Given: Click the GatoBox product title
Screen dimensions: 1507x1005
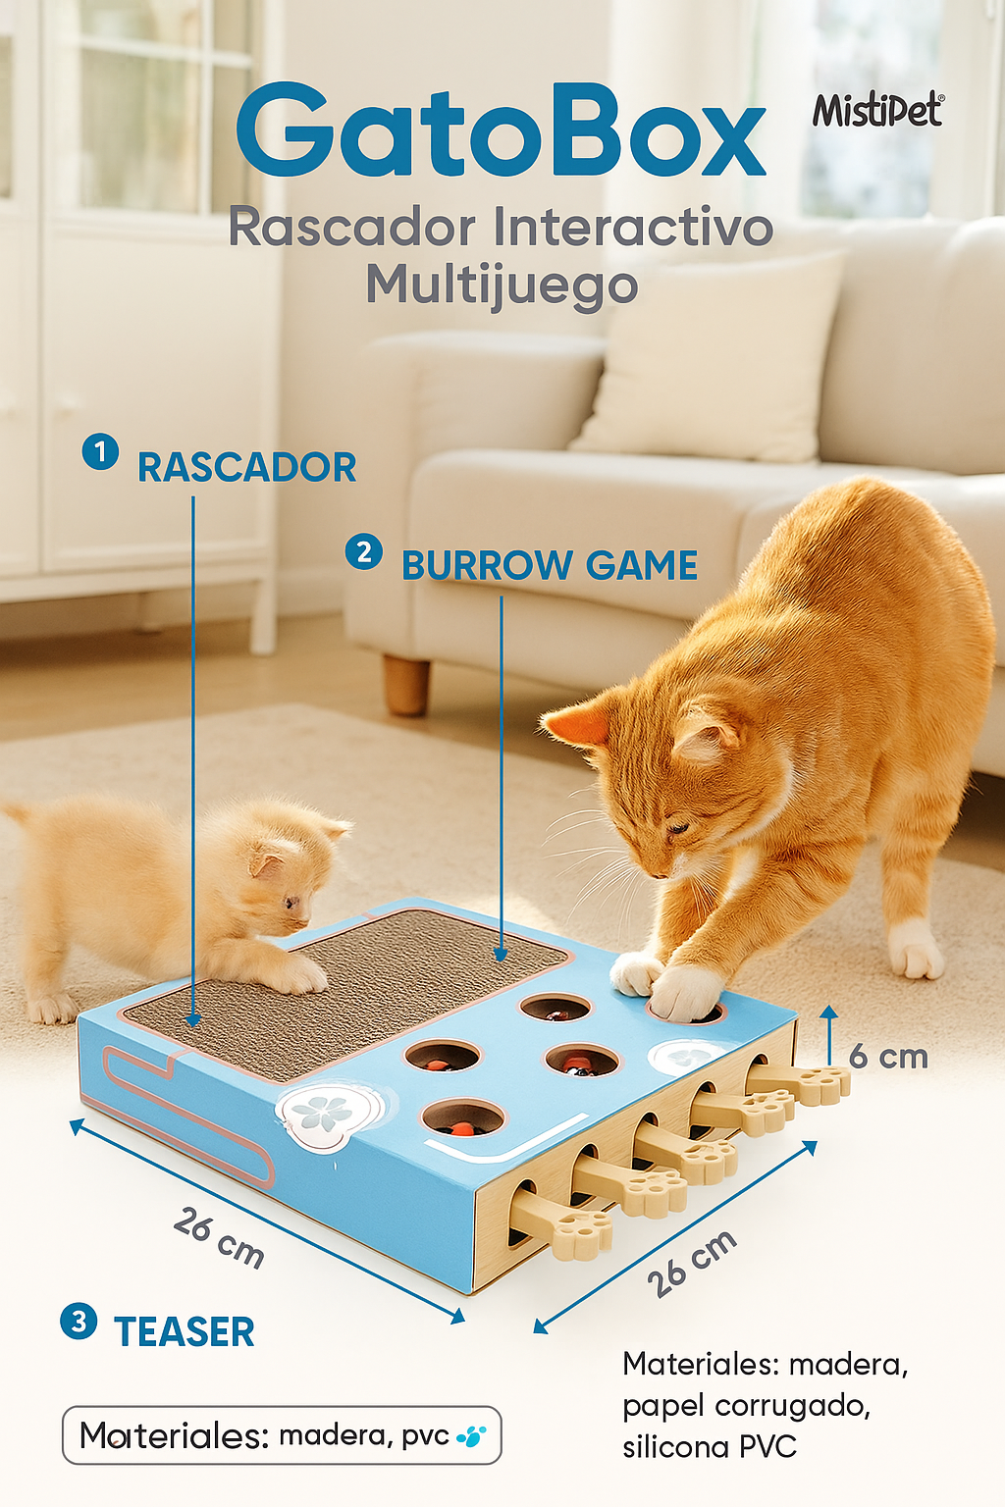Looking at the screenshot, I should [x=501, y=132].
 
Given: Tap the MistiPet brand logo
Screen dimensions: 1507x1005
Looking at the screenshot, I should [x=876, y=111].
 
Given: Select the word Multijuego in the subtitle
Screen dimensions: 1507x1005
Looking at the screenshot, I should [x=502, y=286].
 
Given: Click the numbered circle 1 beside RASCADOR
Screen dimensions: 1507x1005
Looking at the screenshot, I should [x=100, y=452].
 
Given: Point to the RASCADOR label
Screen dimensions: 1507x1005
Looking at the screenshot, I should [x=246, y=467].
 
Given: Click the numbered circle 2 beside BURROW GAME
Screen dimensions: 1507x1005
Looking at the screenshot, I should [x=363, y=551].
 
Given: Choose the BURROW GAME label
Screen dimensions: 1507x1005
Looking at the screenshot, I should [x=550, y=566].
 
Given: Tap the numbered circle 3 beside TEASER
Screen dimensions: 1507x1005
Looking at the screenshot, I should [x=79, y=1321].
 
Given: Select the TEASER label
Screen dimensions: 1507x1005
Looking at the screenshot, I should [x=185, y=1332].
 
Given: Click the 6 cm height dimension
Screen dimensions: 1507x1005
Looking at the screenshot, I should [x=888, y=1057].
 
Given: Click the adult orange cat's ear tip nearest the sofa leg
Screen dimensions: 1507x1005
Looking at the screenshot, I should [x=552, y=724].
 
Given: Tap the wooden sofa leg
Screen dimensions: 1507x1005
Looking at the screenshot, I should [x=406, y=684].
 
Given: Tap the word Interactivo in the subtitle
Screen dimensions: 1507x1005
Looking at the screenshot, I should [x=633, y=228].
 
